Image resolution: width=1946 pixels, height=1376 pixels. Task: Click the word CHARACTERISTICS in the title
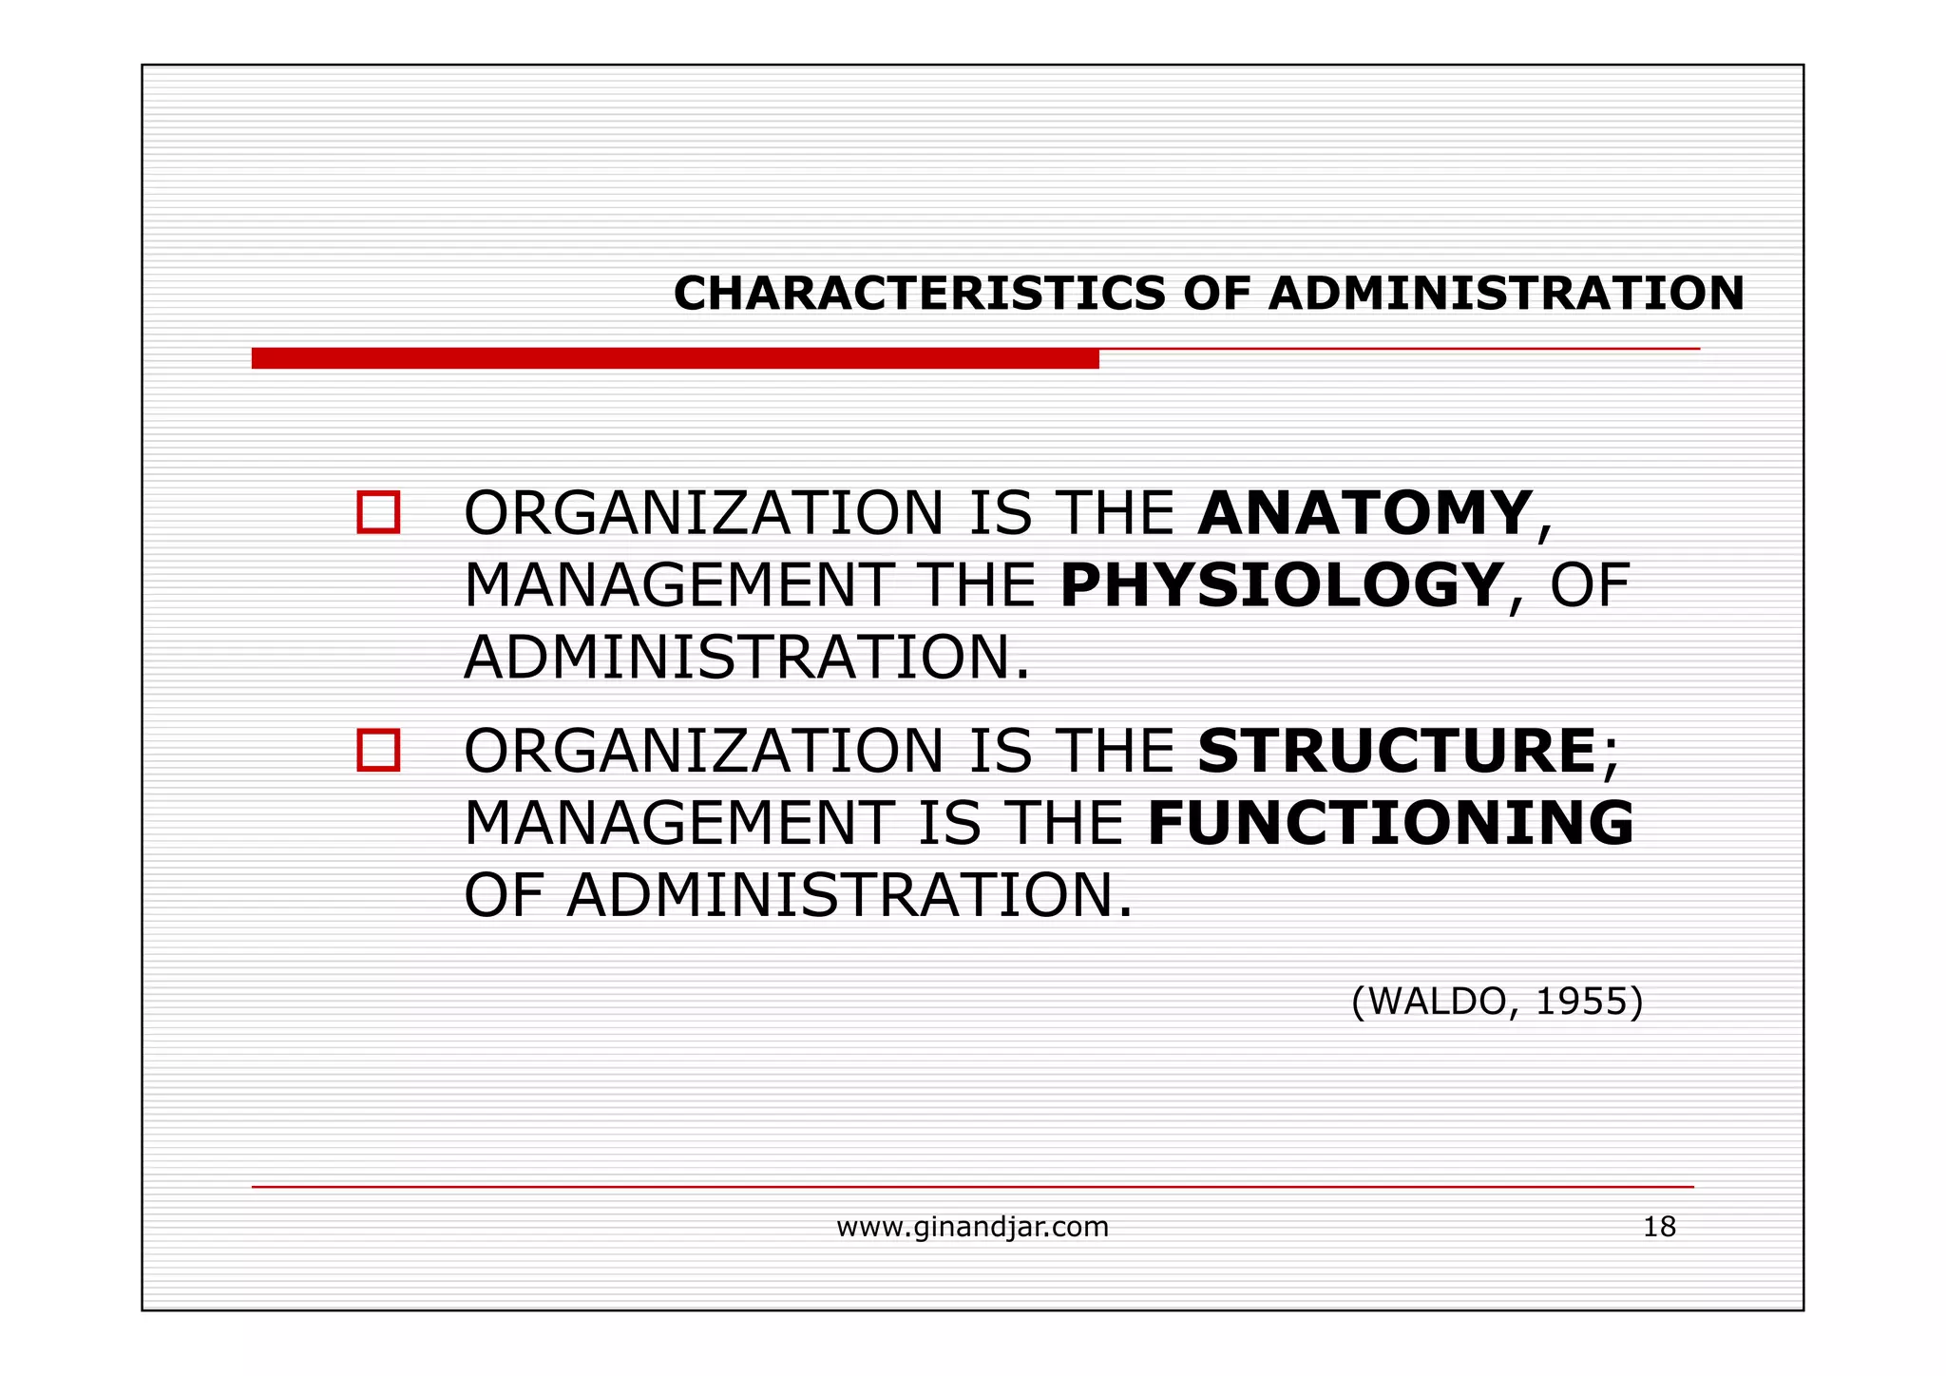[x=919, y=293]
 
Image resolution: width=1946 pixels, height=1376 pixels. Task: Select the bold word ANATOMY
[x=1364, y=513]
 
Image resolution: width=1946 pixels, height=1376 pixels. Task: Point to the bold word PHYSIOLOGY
[x=1281, y=585]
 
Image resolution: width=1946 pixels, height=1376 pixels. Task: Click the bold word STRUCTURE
[x=1397, y=751]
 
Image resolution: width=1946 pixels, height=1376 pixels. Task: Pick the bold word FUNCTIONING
[x=1391, y=823]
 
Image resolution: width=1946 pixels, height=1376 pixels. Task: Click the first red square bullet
[x=378, y=513]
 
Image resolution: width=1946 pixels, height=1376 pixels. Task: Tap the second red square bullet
[x=378, y=751]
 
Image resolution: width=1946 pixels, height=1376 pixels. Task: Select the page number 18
[x=1659, y=1227]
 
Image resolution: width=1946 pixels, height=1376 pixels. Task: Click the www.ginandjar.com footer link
[x=972, y=1227]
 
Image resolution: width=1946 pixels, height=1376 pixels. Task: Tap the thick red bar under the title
[x=675, y=358]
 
